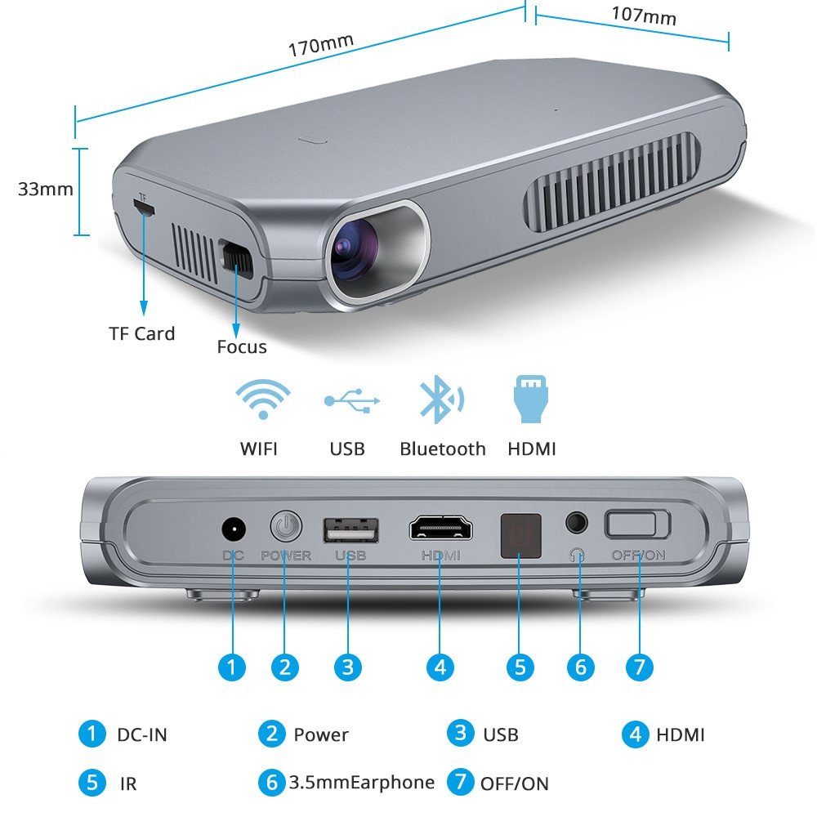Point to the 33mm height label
46,190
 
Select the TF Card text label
142,333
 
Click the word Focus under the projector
242,346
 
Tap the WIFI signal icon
262,398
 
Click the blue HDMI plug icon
530,400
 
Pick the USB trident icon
352,400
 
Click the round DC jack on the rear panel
234,529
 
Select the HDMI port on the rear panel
441,529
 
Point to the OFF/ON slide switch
637,524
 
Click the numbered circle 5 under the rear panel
520,667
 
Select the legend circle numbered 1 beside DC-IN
92,734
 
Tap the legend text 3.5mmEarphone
361,783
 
